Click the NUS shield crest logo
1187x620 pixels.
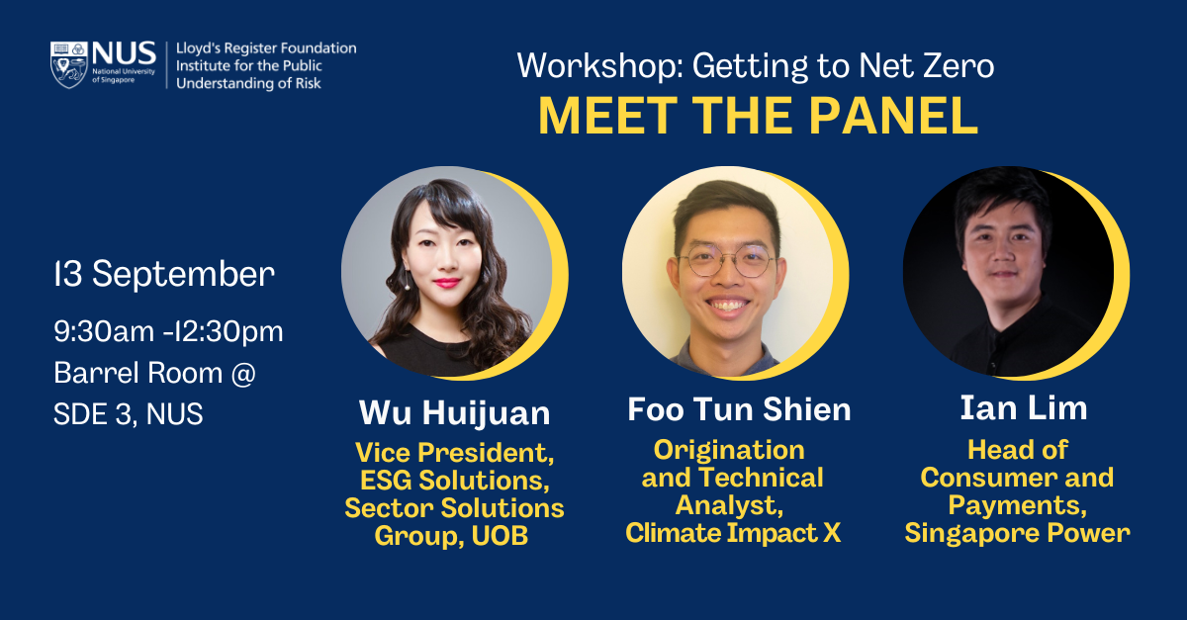tap(69, 64)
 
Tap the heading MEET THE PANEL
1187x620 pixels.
tap(758, 117)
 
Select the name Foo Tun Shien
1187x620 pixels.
tap(739, 409)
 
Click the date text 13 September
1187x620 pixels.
tap(164, 274)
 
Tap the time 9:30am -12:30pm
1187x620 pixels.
tap(168, 331)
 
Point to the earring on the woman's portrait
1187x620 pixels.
tap(407, 281)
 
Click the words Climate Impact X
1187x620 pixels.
tap(733, 533)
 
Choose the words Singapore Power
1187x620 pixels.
tap(1017, 533)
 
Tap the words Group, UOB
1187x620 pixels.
tap(451, 537)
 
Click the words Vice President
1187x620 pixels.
tap(454, 454)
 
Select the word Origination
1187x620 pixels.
tap(729, 450)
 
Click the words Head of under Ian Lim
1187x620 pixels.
tap(1017, 450)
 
